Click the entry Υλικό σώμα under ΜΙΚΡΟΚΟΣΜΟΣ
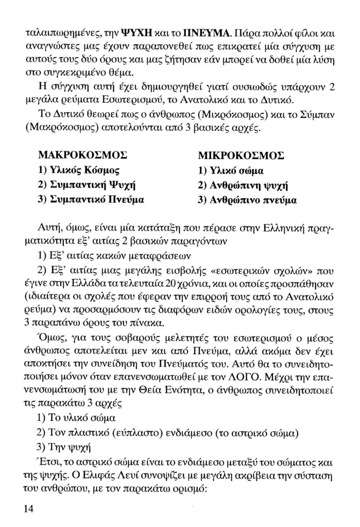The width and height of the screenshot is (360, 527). [x=227, y=170]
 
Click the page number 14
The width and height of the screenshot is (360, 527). [x=29, y=508]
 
